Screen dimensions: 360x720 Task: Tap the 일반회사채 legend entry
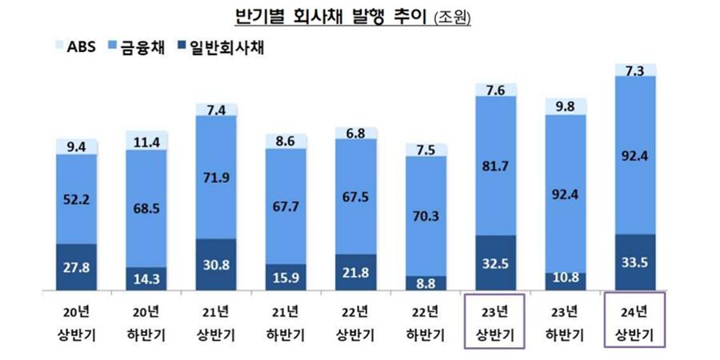220,47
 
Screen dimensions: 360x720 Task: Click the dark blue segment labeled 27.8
77,267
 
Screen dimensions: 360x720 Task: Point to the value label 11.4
146,142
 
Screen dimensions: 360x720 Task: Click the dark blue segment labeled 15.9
286,277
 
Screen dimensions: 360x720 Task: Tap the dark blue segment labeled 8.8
426,282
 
